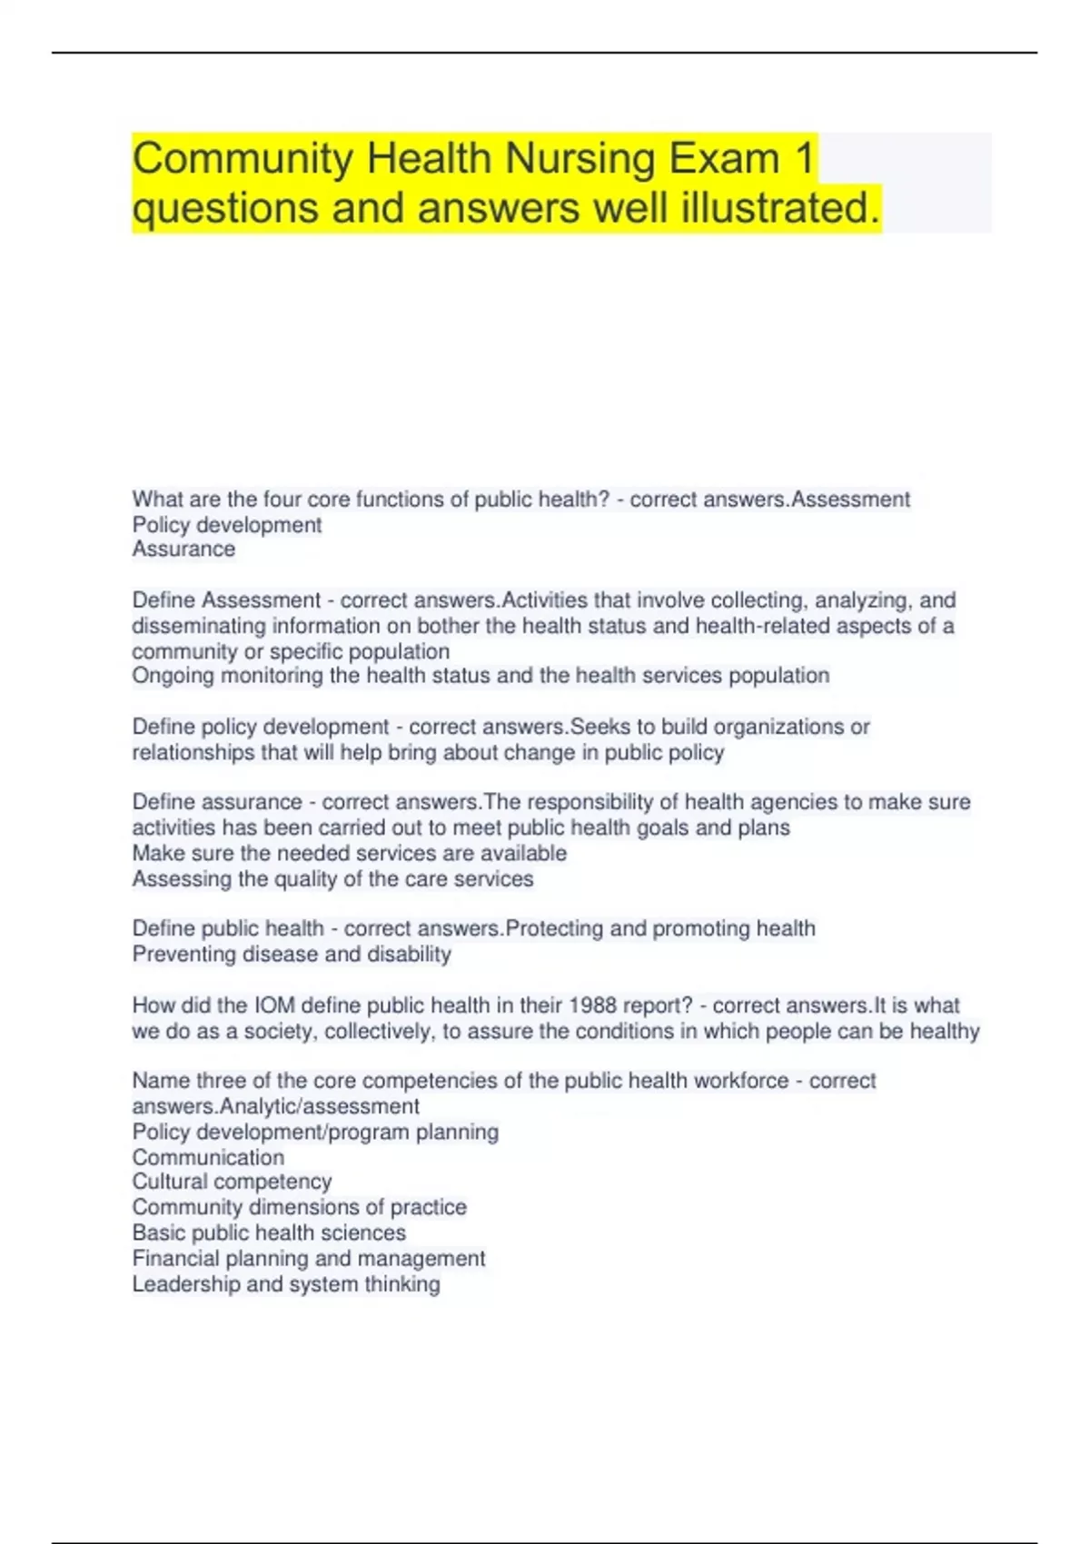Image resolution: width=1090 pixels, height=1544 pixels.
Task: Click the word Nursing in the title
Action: [580, 159]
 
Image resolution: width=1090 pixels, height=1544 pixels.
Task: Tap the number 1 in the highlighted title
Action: [804, 159]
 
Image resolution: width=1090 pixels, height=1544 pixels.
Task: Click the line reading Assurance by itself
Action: [183, 549]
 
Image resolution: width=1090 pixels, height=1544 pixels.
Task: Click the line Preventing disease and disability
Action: [292, 955]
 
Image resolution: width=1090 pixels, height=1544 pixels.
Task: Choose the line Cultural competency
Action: [232, 1182]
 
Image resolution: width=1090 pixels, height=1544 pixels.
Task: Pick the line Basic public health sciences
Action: [269, 1232]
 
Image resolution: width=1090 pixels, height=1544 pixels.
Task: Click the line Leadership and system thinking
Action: [286, 1284]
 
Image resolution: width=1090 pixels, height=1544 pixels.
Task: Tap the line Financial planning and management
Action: [309, 1259]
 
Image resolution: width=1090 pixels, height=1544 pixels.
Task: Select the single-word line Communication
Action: [208, 1157]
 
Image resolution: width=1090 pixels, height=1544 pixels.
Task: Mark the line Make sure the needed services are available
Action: [350, 854]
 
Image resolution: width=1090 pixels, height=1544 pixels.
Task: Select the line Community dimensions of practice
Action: [300, 1207]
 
